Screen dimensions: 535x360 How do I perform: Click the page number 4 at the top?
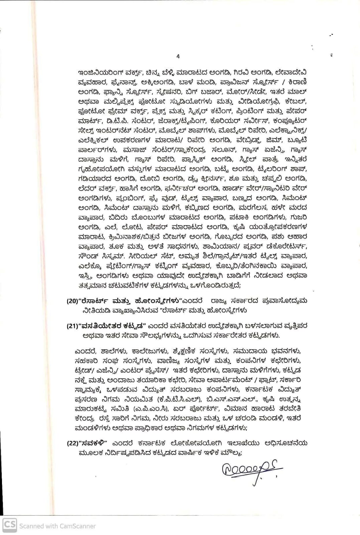[178, 57]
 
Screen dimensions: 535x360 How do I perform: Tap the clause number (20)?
[72, 301]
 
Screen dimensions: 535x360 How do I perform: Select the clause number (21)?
[72, 326]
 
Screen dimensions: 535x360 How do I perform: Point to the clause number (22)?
[72, 443]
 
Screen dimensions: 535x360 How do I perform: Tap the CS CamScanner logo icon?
[10, 525]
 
